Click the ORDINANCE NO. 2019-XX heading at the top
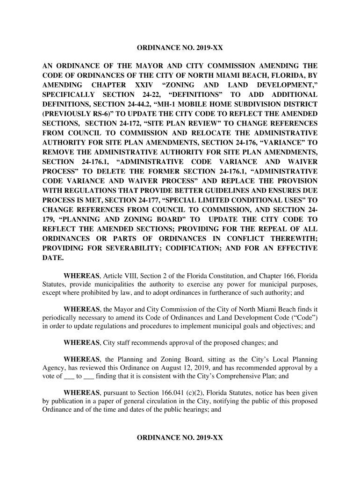click(x=180, y=48)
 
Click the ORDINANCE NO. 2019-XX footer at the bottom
click(x=180, y=438)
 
